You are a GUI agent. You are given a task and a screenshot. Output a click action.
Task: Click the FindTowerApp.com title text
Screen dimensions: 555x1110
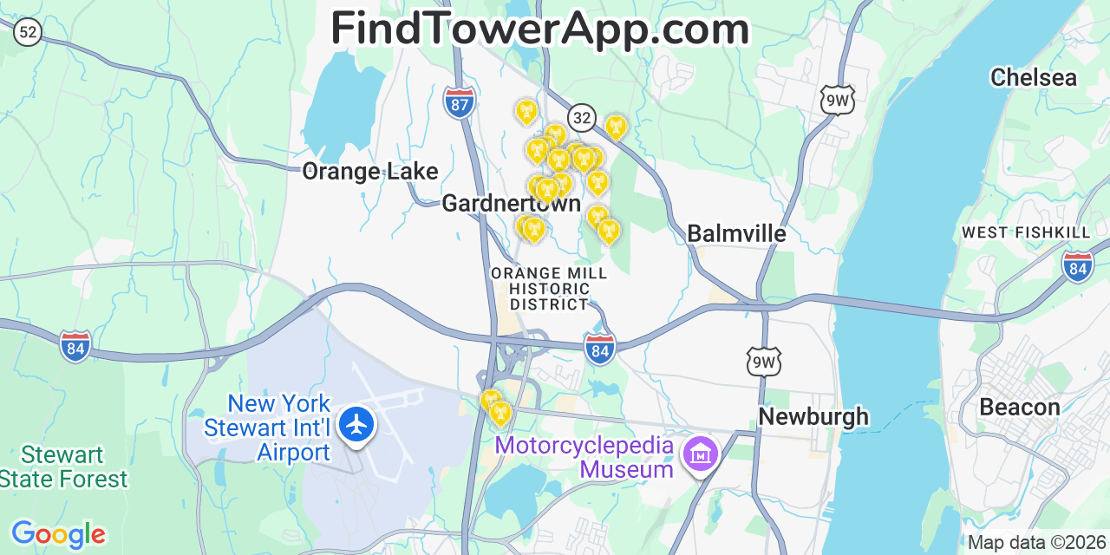tap(539, 29)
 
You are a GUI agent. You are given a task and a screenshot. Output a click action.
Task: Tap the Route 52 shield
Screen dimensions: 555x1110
tap(28, 33)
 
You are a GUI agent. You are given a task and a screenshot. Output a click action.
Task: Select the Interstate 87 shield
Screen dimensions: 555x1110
tap(459, 102)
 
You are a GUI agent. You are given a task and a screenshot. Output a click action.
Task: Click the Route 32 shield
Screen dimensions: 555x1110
tap(582, 117)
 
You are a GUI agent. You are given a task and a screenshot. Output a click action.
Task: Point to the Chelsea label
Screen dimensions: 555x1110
tap(1034, 77)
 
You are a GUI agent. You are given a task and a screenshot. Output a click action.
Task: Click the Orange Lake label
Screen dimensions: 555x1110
tap(369, 171)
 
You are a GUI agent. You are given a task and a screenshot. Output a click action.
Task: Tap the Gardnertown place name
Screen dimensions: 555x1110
tap(511, 203)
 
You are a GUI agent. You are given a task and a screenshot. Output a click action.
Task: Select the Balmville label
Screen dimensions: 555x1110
tap(736, 233)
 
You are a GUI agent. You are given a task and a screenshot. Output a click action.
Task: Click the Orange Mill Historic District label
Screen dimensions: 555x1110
tap(549, 289)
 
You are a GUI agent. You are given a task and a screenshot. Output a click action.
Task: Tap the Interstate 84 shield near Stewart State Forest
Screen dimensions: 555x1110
tap(75, 346)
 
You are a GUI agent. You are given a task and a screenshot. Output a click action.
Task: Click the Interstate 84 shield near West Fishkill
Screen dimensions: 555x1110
tap(1077, 266)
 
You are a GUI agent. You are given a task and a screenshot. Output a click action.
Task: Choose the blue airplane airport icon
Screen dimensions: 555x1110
tap(356, 425)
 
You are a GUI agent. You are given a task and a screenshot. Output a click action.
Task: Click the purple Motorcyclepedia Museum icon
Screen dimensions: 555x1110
tap(700, 454)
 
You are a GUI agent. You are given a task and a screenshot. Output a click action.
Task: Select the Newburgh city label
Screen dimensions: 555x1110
tap(813, 416)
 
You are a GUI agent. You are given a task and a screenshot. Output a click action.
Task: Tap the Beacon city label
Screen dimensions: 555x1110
tap(1019, 407)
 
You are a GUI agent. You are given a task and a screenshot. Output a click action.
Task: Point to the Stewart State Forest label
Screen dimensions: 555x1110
tap(63, 467)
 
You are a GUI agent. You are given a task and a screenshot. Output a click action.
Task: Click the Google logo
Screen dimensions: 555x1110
tap(58, 534)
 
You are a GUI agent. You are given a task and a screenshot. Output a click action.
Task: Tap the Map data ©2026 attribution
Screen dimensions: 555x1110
tap(1037, 543)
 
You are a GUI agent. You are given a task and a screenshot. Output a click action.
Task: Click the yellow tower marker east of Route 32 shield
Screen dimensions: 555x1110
tap(616, 128)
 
